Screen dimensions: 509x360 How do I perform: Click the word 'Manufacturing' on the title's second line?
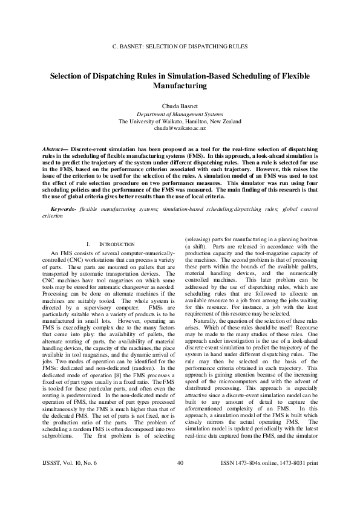tap(180, 86)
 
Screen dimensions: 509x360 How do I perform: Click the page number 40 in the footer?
tap(180, 480)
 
